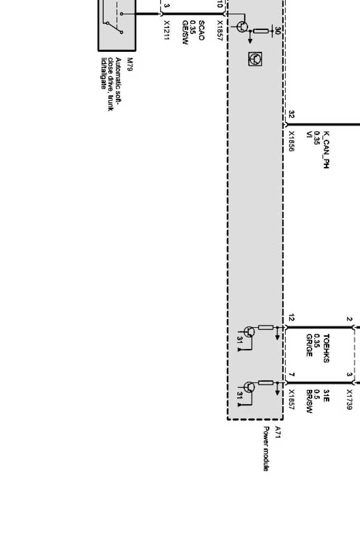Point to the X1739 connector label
349,399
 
